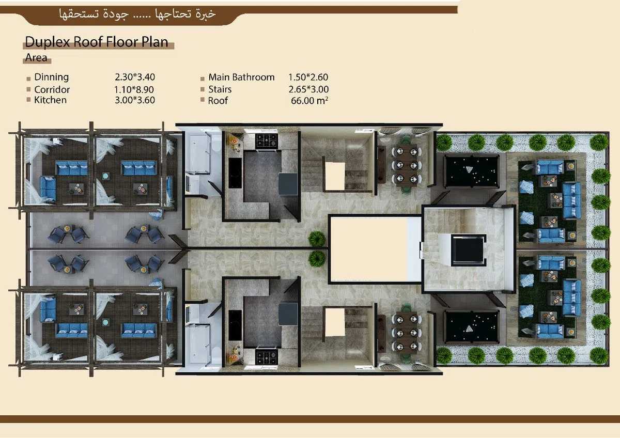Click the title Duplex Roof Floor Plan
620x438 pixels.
[x=97, y=42]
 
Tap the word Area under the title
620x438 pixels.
[x=36, y=58]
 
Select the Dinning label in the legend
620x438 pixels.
[x=51, y=77]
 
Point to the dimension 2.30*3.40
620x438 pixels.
[x=135, y=77]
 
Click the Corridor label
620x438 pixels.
[x=52, y=89]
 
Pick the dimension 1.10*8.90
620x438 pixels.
[x=135, y=89]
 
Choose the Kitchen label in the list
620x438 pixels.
[x=50, y=100]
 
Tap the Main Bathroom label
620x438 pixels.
[x=241, y=77]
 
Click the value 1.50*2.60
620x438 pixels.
[x=308, y=77]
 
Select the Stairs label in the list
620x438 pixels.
[x=220, y=89]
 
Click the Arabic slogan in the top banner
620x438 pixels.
[x=137, y=14]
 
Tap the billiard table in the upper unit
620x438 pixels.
[x=471, y=171]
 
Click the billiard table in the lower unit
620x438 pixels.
[x=471, y=326]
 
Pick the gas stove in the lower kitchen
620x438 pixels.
[x=267, y=356]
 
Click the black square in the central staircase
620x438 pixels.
[x=468, y=251]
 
